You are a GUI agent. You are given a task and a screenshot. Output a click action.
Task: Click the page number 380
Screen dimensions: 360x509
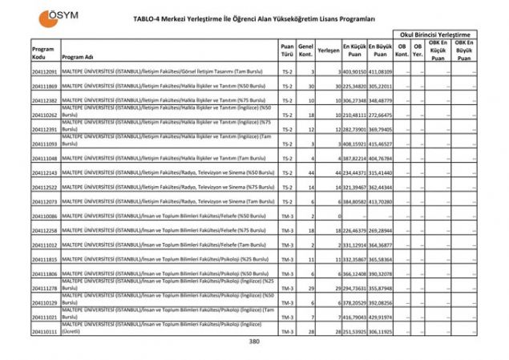tap(254, 342)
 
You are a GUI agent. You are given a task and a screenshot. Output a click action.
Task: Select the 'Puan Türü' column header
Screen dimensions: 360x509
tap(287, 53)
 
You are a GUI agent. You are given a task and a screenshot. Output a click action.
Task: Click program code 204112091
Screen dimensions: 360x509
tap(45, 72)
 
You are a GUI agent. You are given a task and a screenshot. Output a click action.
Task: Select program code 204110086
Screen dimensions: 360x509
tap(45, 216)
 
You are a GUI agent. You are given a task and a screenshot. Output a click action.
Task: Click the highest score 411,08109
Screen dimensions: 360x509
tap(380, 72)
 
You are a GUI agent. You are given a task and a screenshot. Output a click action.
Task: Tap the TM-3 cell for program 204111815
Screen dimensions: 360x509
tap(287, 260)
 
